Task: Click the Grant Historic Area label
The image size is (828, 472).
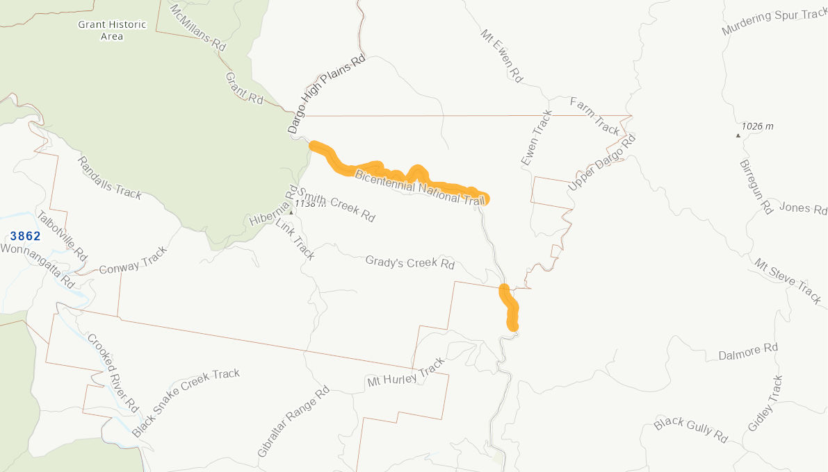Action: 112,30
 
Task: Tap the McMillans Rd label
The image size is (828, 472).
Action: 198,27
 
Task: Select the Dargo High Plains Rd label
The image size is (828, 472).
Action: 326,94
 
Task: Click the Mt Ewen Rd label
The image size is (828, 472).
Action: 501,56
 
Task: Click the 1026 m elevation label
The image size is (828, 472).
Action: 757,126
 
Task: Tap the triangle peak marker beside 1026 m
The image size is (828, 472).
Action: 738,135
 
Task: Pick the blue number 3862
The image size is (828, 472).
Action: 25,236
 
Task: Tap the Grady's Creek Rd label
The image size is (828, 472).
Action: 410,262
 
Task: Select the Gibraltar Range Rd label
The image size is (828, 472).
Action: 293,423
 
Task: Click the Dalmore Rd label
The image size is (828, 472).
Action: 748,352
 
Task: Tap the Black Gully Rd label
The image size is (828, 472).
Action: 690,430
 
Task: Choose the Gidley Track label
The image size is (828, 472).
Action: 765,403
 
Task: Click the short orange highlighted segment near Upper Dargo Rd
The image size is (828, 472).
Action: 510,306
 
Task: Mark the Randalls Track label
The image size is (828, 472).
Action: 109,178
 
